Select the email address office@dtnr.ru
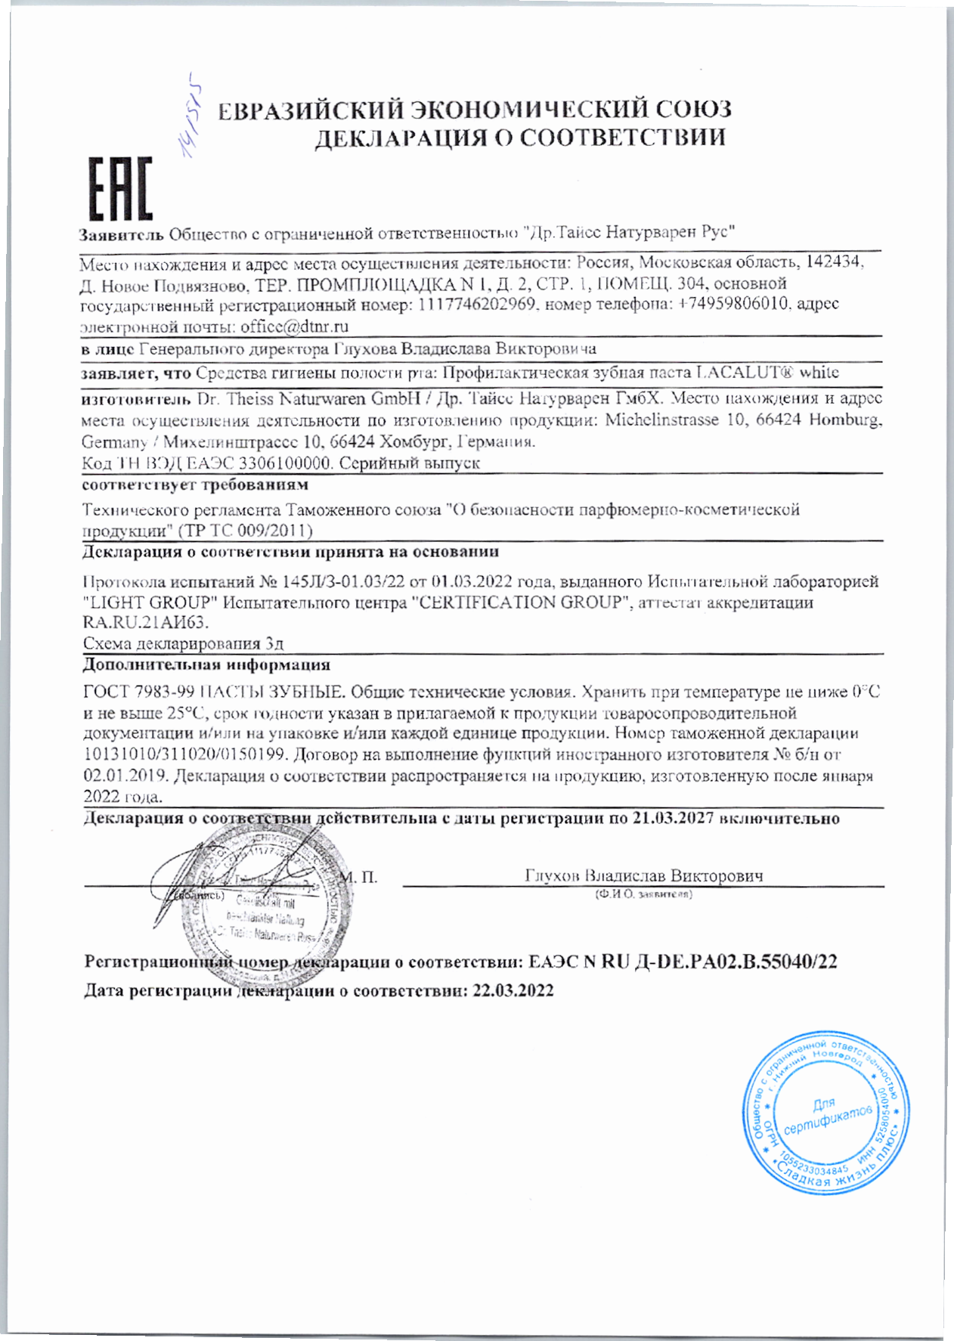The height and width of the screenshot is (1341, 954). tap(294, 327)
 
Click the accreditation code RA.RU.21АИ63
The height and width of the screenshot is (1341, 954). tap(144, 623)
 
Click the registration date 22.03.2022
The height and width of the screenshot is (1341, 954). tap(513, 991)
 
